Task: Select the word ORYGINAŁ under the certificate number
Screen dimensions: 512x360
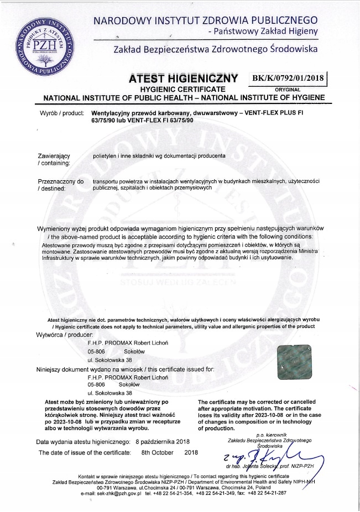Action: pos(287,88)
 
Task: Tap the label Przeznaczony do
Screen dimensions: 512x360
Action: pos(60,181)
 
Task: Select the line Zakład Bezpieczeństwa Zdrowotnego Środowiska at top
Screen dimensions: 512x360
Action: pos(215,49)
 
